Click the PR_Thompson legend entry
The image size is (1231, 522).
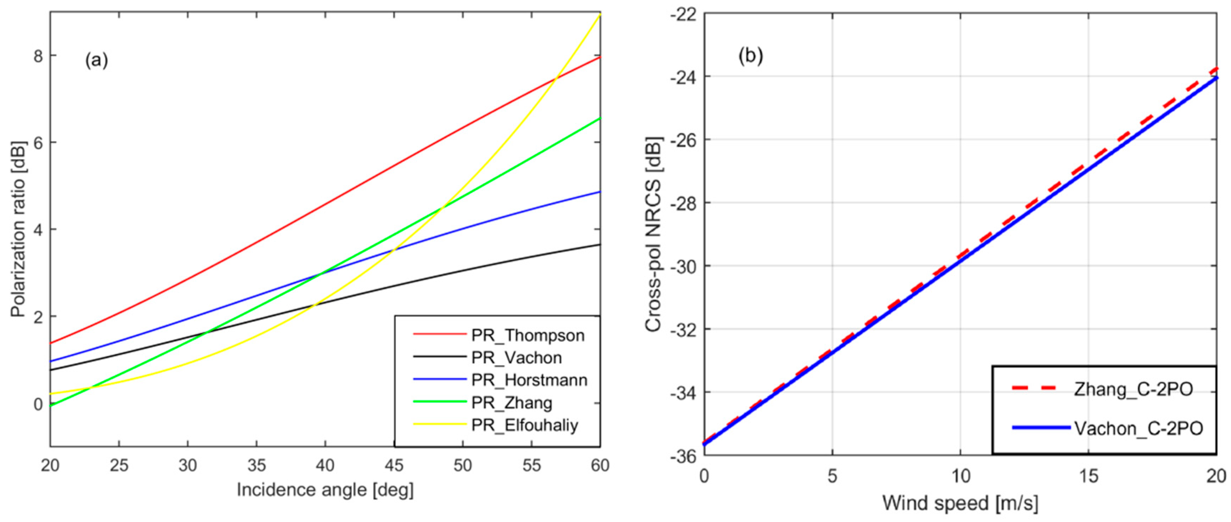527,335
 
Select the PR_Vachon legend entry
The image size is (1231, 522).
516,358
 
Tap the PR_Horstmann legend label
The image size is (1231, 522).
529,380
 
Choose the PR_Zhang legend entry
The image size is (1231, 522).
511,403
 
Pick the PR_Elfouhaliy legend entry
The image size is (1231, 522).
524,425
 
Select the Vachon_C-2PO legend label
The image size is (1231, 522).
1138,428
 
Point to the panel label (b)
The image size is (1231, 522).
751,56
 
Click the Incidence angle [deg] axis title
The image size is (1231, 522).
325,490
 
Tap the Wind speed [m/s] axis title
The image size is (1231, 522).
960,503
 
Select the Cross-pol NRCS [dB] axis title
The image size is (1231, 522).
653,234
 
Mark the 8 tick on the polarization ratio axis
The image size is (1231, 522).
38,56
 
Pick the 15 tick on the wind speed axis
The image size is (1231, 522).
1088,476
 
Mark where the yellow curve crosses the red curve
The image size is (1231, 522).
555,77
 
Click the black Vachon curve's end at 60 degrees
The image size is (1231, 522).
600,245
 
